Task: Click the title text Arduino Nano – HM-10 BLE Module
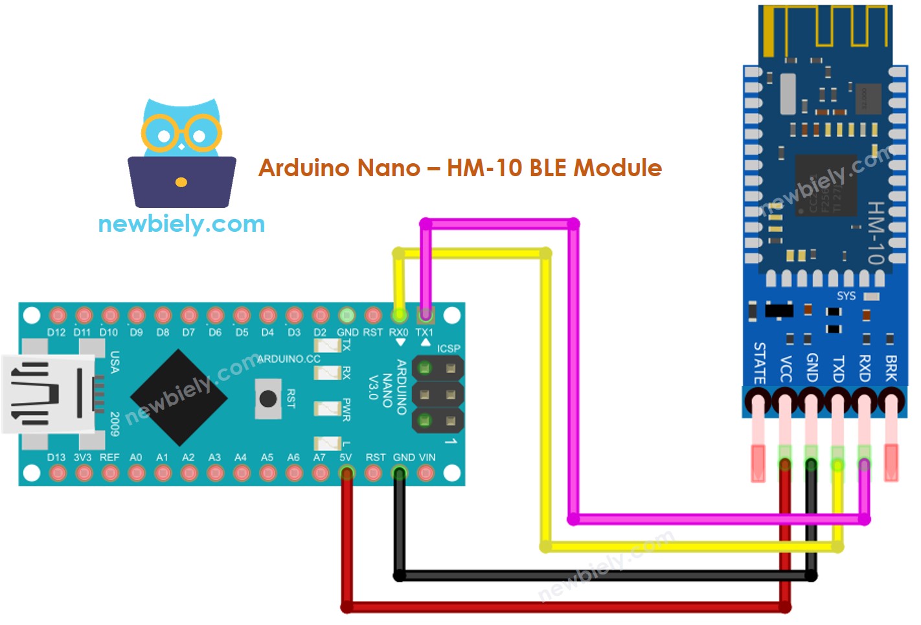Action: [x=460, y=168]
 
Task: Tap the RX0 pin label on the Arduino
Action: [x=398, y=332]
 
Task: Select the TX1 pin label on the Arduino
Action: [x=424, y=332]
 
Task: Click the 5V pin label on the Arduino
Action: [x=346, y=457]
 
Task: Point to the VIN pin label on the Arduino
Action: [x=427, y=457]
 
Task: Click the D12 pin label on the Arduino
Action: [x=56, y=332]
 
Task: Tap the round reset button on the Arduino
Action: [x=268, y=398]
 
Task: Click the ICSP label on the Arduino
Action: [x=448, y=348]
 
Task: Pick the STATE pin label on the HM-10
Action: [x=759, y=363]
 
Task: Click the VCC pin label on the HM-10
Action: [x=786, y=368]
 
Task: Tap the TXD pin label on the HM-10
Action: [x=838, y=368]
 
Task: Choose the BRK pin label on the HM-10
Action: [x=891, y=368]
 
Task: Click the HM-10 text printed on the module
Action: [x=876, y=233]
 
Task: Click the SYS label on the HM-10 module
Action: [x=846, y=296]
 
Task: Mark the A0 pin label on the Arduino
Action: [x=135, y=457]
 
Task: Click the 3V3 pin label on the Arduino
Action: [x=82, y=457]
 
